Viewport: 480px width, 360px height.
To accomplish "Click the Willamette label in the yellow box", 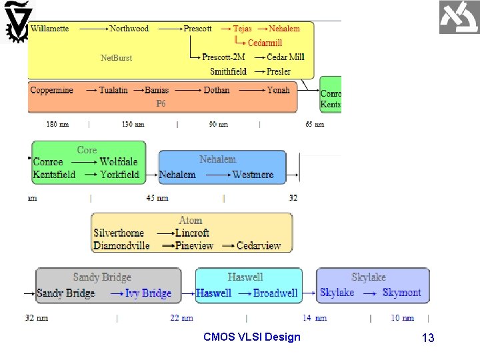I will point(49,29).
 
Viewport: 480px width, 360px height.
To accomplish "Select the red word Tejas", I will point(242,29).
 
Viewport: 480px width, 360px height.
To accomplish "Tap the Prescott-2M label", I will point(224,57).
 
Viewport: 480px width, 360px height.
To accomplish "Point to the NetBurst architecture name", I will point(116,58).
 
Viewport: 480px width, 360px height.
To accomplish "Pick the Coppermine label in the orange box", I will point(51,90).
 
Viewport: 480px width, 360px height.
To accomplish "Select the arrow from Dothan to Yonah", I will point(249,90).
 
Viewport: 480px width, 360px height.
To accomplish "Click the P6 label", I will point(161,104).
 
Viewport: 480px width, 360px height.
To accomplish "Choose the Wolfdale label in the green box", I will point(119,162).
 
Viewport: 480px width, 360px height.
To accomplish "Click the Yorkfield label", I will point(119,175).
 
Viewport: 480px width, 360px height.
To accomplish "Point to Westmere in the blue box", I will point(253,175).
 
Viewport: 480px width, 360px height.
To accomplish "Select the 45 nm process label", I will point(157,198).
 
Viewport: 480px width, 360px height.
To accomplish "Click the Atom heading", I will point(191,220).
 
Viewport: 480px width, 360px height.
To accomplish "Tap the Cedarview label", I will point(259,245).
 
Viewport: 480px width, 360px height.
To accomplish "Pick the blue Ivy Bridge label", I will point(148,293).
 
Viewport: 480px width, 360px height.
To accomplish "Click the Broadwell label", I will point(275,293).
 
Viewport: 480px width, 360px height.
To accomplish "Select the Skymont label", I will point(401,293).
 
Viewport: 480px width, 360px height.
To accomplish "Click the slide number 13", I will point(427,338).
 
